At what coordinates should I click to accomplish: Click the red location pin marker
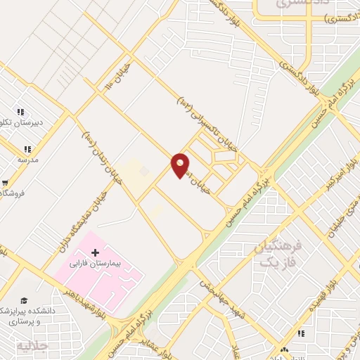coord(181,165)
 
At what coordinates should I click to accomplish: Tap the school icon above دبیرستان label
coord(20,112)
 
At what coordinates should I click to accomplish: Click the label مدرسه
coord(26,160)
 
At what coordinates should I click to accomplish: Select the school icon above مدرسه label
coord(27,149)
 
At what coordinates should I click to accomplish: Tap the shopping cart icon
coord(5,181)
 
